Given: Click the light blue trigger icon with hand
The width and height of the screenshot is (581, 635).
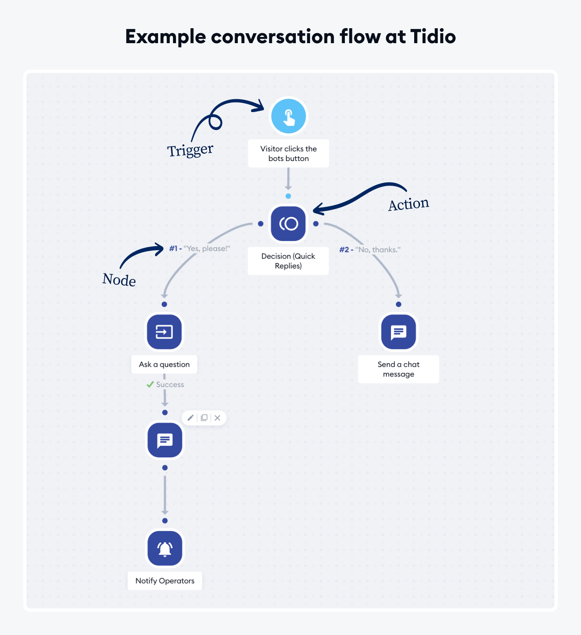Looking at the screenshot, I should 288,116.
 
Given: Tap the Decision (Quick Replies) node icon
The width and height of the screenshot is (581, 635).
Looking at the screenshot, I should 288,224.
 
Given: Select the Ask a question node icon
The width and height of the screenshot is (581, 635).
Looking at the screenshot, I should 164,332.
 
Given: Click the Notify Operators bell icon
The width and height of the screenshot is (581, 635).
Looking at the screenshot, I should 165,548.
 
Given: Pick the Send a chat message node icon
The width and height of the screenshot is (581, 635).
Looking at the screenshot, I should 398,332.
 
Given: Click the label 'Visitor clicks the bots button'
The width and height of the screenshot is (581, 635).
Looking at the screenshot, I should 288,154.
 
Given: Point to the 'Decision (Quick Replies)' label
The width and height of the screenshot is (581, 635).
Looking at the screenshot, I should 288,261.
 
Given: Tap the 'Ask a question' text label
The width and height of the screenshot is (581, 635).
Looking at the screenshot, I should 164,364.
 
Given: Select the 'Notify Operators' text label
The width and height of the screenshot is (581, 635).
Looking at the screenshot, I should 165,581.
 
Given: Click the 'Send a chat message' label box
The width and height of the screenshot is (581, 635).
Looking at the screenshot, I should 398,369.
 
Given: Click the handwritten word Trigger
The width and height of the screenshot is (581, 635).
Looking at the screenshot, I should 190,150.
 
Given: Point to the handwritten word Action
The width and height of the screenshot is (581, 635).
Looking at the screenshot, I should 408,204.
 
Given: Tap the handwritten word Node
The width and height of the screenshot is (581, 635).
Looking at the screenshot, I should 119,280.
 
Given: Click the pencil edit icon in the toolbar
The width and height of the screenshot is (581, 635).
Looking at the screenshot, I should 190,418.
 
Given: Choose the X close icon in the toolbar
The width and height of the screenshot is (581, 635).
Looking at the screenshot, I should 217,418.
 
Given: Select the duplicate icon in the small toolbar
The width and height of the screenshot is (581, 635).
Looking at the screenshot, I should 204,418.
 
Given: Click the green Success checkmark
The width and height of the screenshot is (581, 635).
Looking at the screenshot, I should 150,385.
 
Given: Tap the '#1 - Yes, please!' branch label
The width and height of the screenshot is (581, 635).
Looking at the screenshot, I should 200,249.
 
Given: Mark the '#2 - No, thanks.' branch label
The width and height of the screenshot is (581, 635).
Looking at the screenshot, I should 370,249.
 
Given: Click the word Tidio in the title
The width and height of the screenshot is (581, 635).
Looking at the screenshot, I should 433,37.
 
